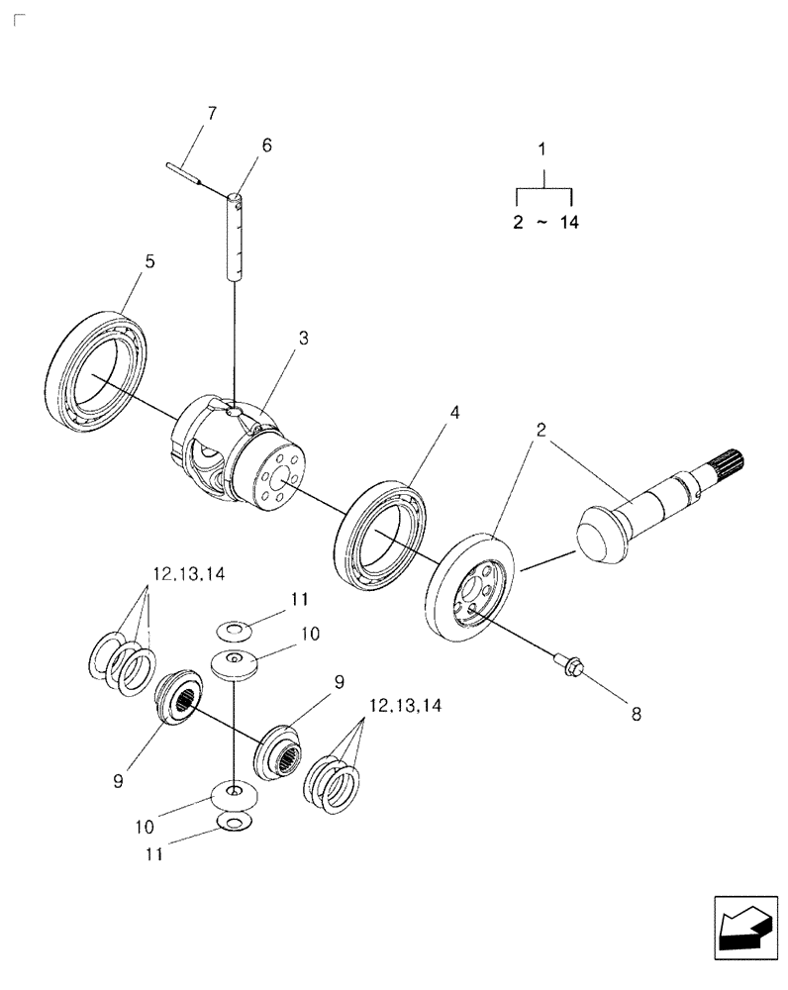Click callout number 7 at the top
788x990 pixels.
[210, 114]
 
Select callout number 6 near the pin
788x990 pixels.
[266, 145]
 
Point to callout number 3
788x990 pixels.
[303, 338]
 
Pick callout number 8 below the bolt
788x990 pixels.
[636, 712]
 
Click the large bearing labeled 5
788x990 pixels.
[99, 368]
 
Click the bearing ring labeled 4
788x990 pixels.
[384, 536]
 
